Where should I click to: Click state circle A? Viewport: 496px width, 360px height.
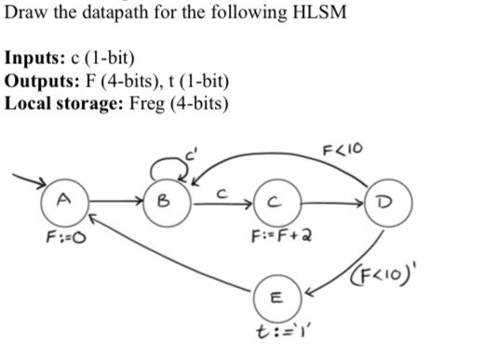click(63, 199)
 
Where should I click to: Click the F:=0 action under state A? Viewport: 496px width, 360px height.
click(64, 237)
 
